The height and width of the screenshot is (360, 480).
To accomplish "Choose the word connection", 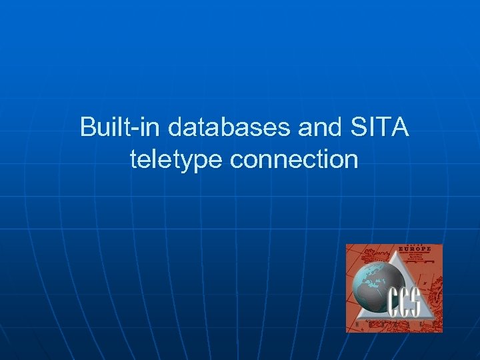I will point(293,160).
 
